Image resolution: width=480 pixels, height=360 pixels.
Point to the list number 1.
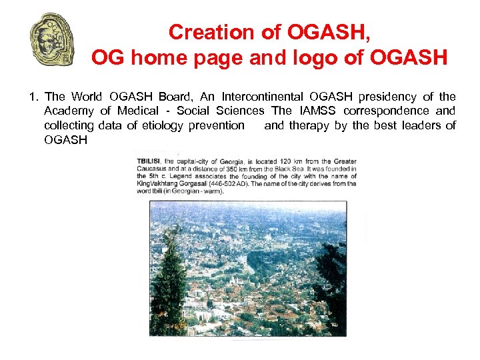(33, 97)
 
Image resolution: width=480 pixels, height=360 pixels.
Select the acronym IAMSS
(317, 111)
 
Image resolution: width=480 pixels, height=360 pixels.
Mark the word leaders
(422, 125)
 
